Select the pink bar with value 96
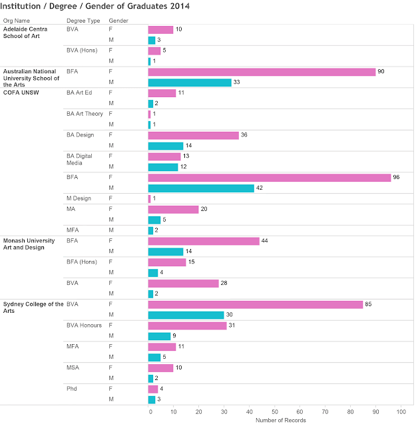click(269, 178)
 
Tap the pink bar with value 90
click(262, 72)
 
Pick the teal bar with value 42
click(201, 188)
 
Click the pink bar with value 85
click(255, 304)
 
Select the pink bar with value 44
click(203, 241)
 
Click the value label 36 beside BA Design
click(245, 135)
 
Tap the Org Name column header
click(17, 21)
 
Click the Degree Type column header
click(82, 21)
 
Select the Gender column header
click(118, 21)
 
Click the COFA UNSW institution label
click(21, 93)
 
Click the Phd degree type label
click(72, 388)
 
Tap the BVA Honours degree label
click(84, 325)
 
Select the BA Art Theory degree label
click(85, 114)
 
